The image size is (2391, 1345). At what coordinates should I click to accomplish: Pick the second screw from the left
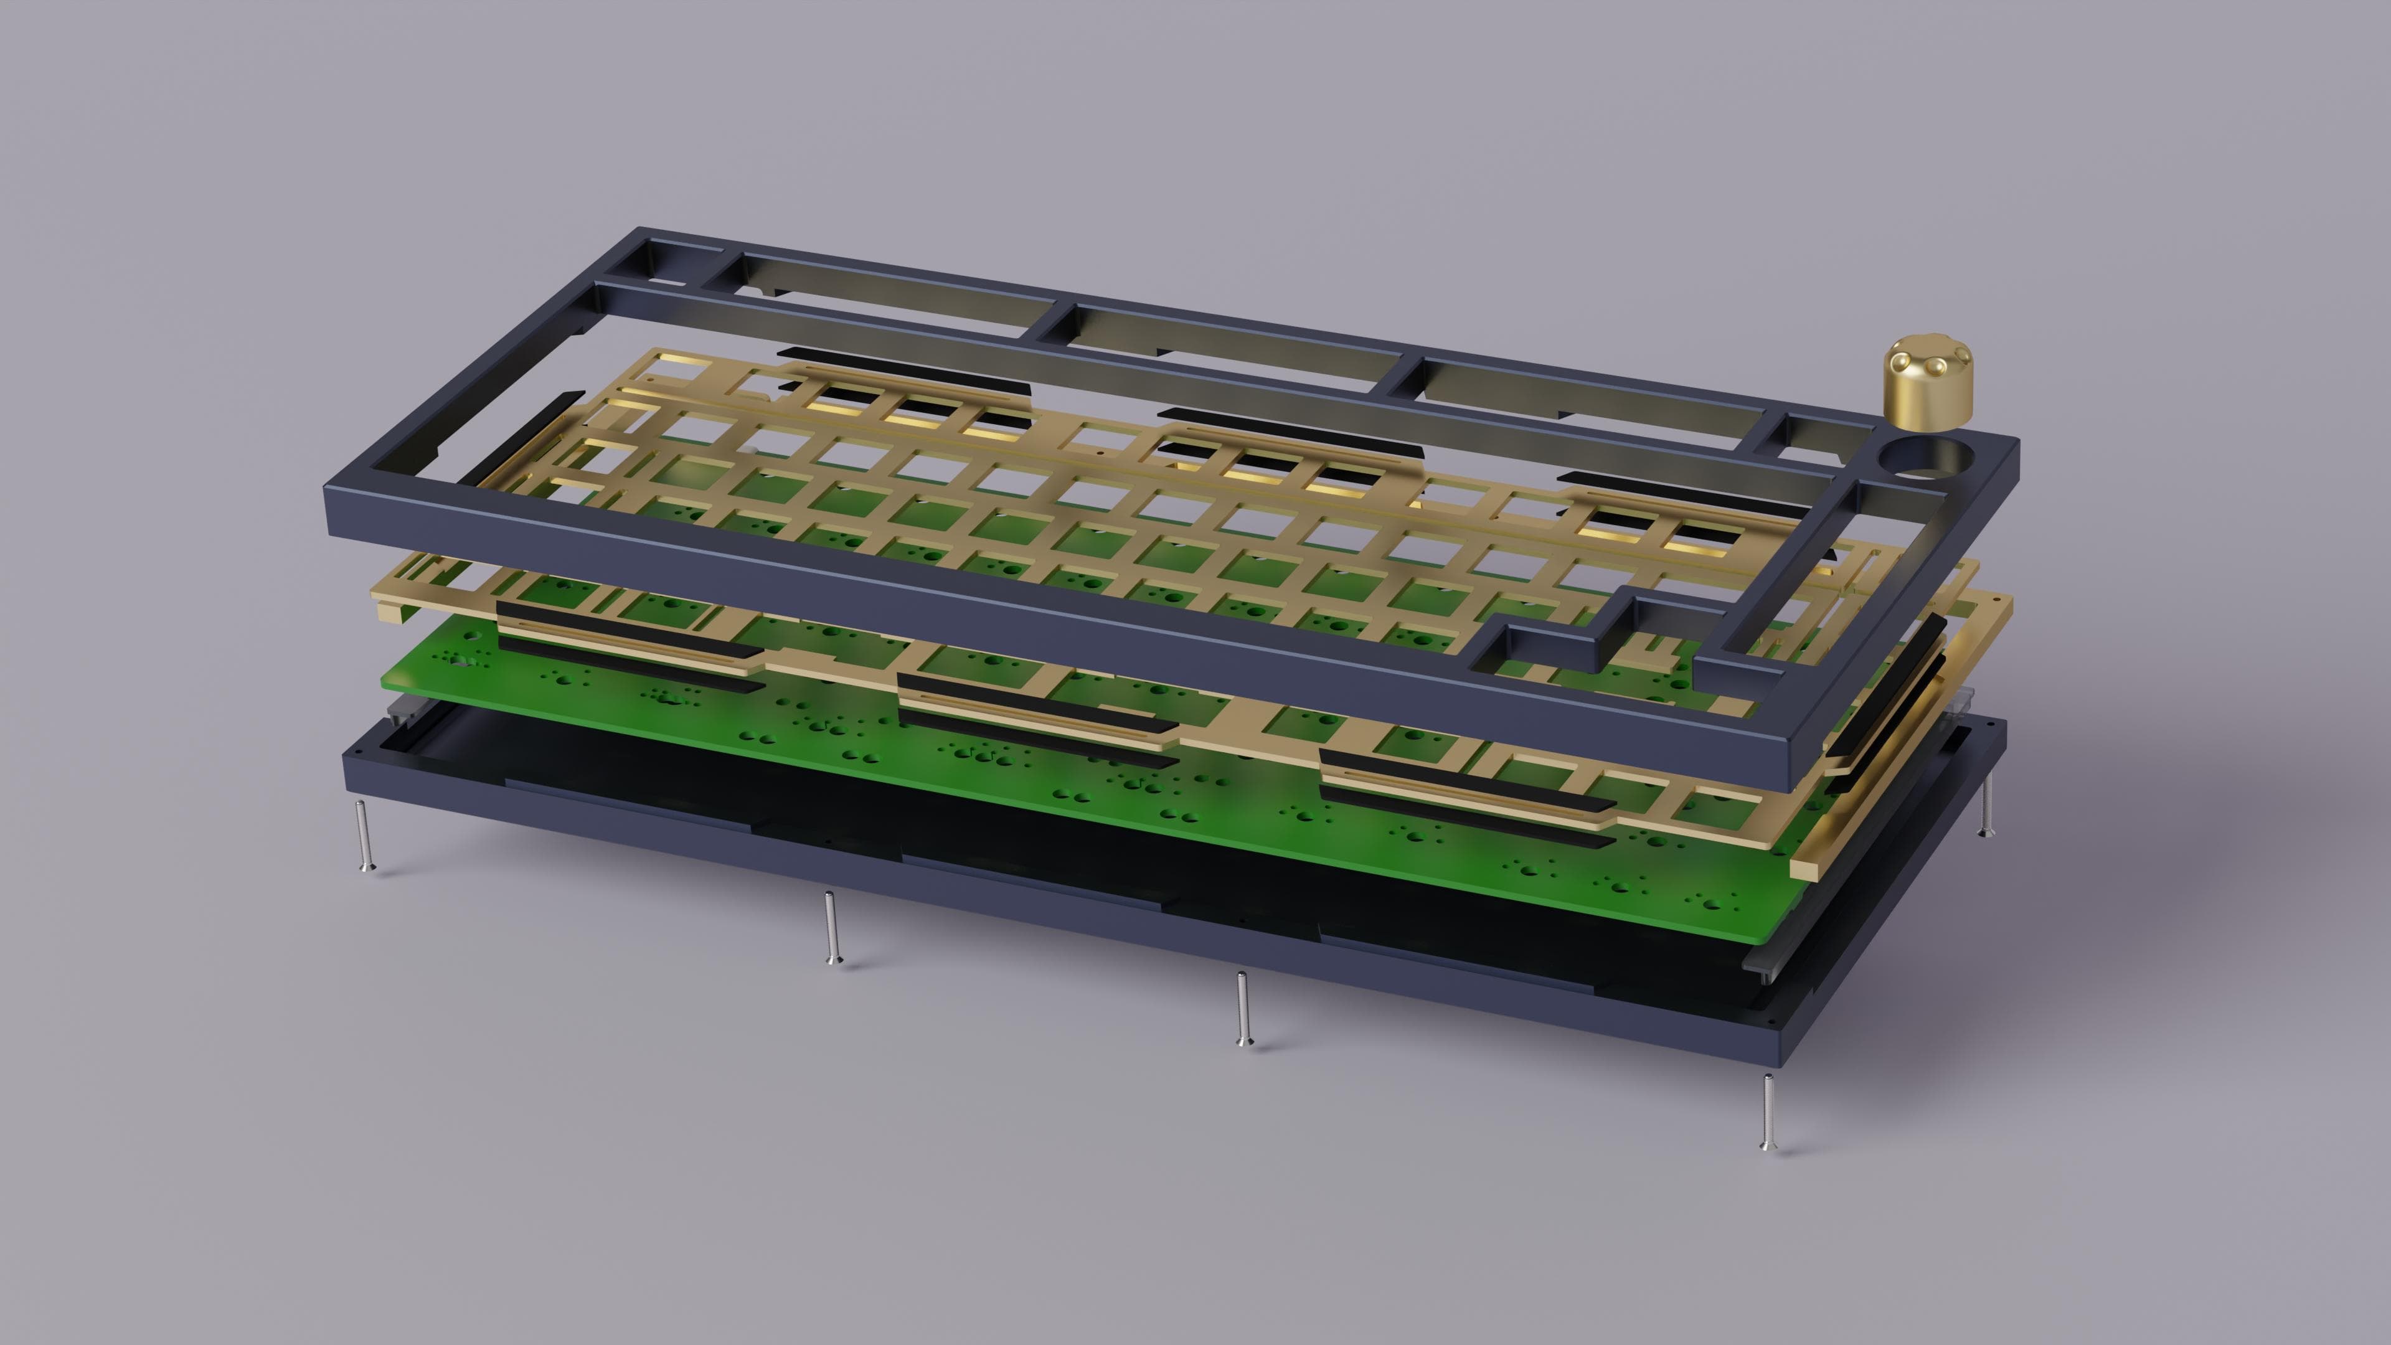click(x=831, y=928)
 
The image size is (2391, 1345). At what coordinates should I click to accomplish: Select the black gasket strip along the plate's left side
click(x=520, y=437)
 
